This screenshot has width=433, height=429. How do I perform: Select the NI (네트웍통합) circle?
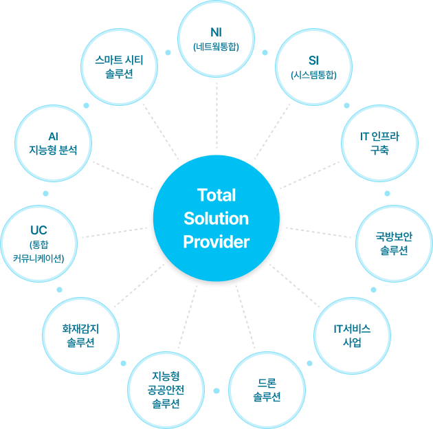(216, 39)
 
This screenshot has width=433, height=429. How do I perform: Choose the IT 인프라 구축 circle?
(379, 143)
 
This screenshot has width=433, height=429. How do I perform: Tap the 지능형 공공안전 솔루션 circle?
(166, 389)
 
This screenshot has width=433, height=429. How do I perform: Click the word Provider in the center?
(216, 242)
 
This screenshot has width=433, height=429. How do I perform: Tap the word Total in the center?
(216, 195)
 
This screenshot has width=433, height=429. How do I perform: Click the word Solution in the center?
(216, 219)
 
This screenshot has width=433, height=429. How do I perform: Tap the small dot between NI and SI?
(265, 52)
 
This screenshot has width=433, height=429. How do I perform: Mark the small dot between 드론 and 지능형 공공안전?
(216, 390)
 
